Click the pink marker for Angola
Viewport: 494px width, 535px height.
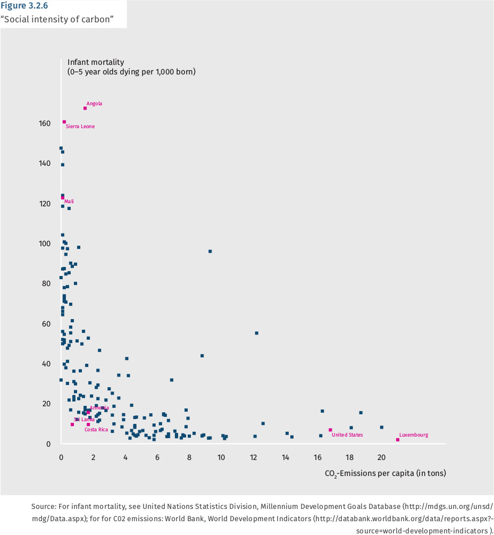[x=85, y=108]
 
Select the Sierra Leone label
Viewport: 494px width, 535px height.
[x=80, y=127]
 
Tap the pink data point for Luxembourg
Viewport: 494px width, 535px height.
[x=398, y=440]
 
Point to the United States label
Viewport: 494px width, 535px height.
[x=347, y=435]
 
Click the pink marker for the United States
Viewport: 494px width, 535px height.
[x=330, y=430]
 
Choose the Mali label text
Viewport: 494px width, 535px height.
[x=69, y=202]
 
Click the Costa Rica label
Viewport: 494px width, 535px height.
[x=96, y=430]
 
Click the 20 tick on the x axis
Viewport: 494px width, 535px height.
[x=381, y=457]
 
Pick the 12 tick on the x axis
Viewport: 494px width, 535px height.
[x=254, y=457]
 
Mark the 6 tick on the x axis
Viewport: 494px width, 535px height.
[x=157, y=457]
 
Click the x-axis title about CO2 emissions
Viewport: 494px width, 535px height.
[x=386, y=473]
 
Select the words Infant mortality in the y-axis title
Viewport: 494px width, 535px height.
[x=96, y=62]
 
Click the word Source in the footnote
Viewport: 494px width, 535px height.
[x=44, y=507]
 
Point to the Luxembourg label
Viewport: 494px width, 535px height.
[x=414, y=435]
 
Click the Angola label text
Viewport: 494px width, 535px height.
[x=94, y=104]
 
